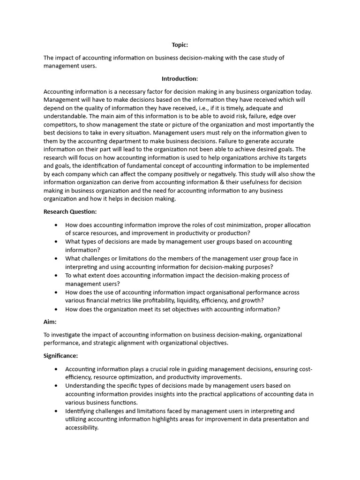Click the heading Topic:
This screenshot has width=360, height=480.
pyautogui.click(x=180, y=45)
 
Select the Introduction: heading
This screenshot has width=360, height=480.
pyautogui.click(x=180, y=79)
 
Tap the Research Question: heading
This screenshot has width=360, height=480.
pyautogui.click(x=70, y=211)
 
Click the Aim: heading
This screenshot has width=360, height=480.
pyautogui.click(x=50, y=322)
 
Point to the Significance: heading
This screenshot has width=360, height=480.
pyautogui.click(x=61, y=356)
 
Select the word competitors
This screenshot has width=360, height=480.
pyautogui.click(x=60, y=125)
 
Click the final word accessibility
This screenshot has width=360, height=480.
pyautogui.click(x=82, y=428)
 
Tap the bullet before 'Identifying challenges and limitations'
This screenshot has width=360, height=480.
pyautogui.click(x=56, y=411)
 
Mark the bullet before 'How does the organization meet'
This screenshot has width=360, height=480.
pyautogui.click(x=56, y=309)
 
